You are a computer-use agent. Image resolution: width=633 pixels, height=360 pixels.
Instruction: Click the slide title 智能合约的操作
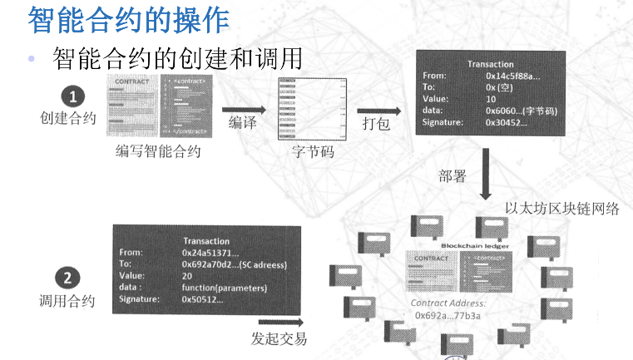128,19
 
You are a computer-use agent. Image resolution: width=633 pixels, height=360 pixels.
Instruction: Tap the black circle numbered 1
72,95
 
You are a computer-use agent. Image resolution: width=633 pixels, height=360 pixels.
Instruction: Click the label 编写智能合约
158,151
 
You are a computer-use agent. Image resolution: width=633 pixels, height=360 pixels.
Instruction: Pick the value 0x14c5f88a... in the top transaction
512,76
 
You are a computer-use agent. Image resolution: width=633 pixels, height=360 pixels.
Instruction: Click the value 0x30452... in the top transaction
507,122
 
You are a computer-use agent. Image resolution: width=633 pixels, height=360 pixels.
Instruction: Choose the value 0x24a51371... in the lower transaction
210,252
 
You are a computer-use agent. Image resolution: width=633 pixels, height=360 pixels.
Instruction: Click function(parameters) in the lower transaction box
224,288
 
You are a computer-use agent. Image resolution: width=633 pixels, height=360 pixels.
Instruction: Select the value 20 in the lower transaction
187,275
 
